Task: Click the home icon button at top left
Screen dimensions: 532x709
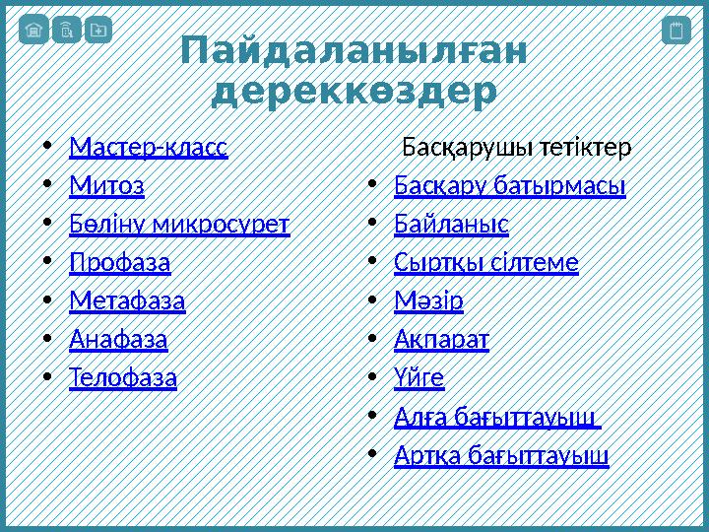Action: click(33, 31)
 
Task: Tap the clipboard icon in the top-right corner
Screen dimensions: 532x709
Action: click(676, 31)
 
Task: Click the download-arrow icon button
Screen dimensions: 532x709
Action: click(97, 31)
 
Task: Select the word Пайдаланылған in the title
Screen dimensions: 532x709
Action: click(354, 52)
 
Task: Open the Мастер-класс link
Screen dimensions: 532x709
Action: click(148, 148)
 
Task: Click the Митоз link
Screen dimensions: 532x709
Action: click(106, 185)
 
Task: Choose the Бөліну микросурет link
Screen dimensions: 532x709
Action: click(179, 224)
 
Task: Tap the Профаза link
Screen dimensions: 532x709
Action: click(119, 263)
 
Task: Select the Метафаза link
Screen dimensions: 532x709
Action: click(127, 300)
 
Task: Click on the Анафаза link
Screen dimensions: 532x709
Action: click(118, 340)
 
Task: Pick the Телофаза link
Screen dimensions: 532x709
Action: click(123, 377)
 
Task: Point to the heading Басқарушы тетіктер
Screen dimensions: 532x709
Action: click(516, 148)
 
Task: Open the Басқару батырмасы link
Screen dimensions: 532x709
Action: click(509, 185)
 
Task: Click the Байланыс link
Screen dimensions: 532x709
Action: click(451, 224)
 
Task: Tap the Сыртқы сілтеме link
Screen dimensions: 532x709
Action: click(485, 263)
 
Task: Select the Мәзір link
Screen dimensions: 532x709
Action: click(428, 300)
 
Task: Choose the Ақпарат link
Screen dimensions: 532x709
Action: click(441, 340)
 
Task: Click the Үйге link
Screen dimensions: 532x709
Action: click(419, 377)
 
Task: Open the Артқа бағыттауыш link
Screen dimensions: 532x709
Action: click(501, 455)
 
